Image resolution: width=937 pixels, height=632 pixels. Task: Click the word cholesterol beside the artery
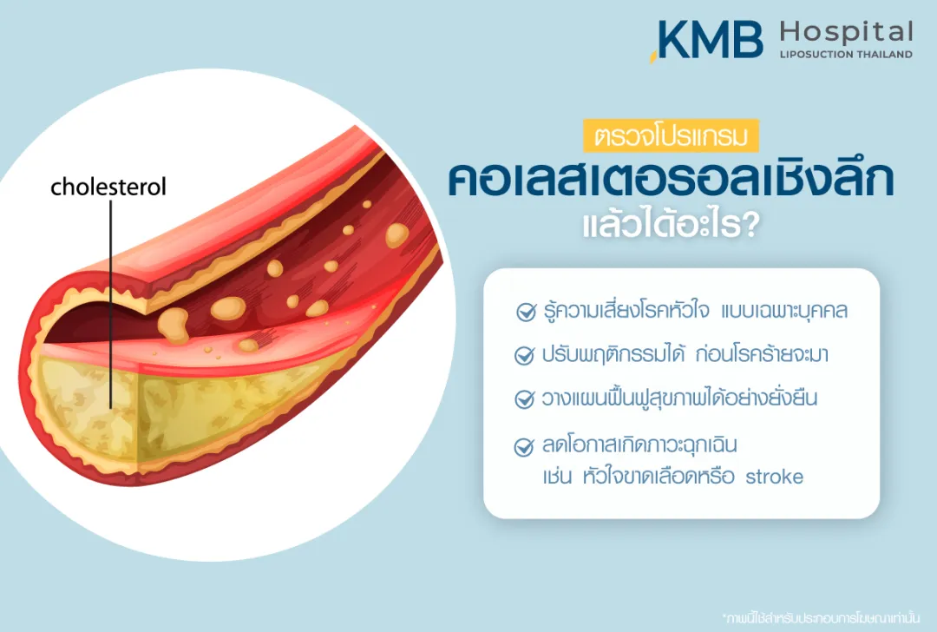[108, 187]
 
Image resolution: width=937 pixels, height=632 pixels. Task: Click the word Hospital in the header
[846, 33]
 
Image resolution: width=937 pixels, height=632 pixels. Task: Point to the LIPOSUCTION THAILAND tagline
[846, 54]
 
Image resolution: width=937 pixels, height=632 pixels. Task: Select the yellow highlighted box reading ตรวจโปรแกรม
[672, 136]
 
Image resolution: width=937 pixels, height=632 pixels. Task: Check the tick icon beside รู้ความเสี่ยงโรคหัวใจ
[526, 313]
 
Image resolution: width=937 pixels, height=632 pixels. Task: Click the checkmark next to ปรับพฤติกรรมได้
[524, 356]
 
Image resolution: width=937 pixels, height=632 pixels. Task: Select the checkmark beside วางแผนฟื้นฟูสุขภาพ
[524, 399]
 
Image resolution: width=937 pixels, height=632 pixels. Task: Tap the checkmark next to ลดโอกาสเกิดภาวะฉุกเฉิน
[524, 448]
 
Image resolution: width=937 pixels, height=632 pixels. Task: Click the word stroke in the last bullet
[775, 477]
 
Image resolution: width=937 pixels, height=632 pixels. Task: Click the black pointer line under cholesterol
[111, 304]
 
